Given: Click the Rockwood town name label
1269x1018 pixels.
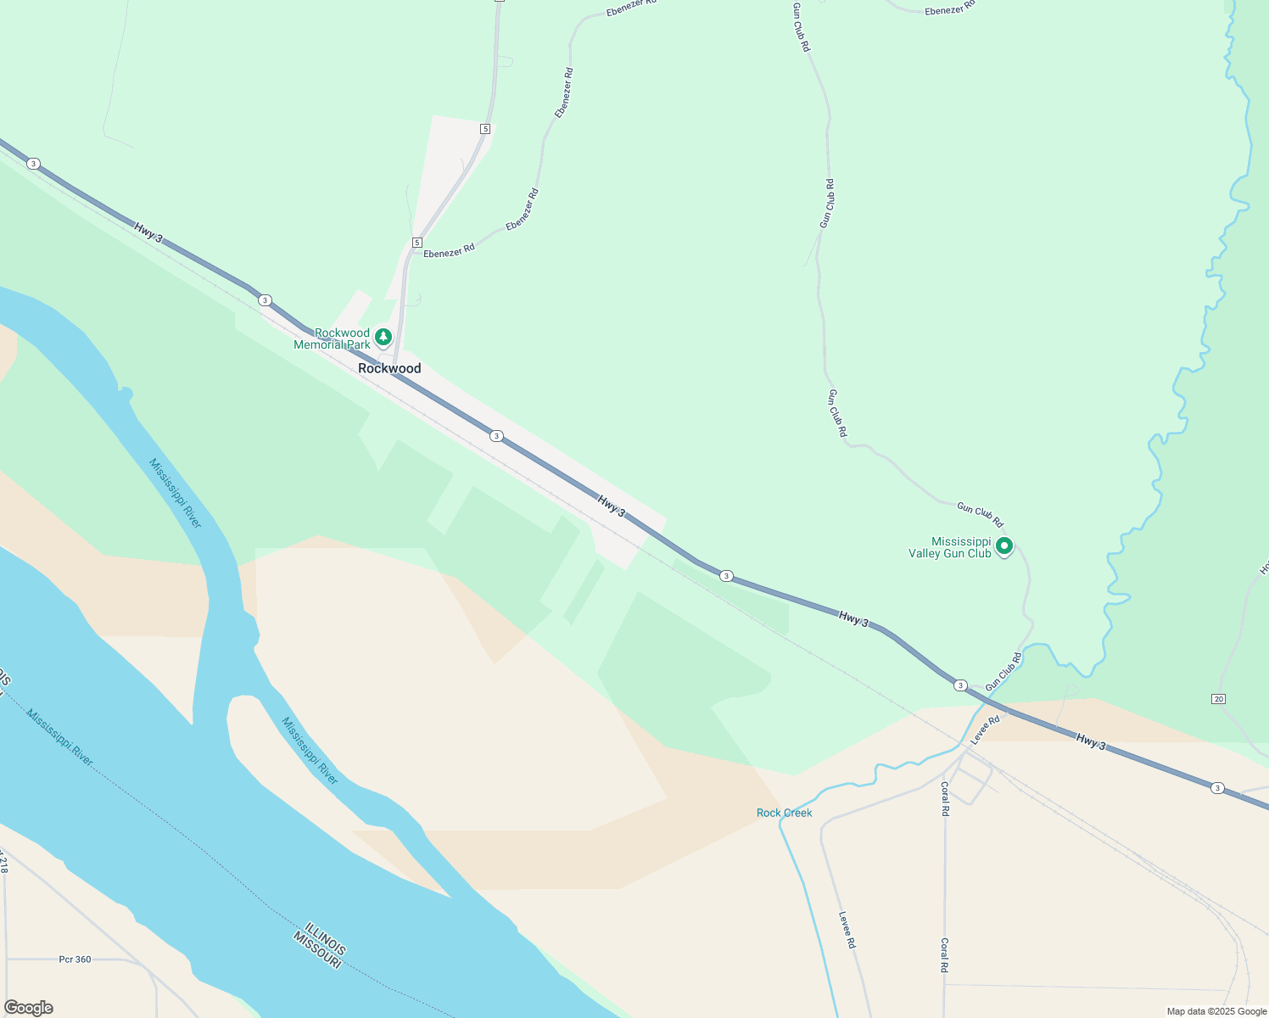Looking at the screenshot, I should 389,368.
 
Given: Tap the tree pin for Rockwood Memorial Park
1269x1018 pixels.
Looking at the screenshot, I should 383,338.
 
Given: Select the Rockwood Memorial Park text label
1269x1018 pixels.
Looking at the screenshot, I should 333,338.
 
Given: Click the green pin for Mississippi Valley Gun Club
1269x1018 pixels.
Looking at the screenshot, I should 1004,546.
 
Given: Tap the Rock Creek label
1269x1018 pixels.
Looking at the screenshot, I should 784,813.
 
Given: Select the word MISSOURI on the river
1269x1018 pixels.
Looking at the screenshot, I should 316,950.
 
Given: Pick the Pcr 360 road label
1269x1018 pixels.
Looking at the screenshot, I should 75,959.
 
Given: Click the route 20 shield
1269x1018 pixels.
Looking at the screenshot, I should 1219,698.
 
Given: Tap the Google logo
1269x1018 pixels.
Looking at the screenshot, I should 28,1007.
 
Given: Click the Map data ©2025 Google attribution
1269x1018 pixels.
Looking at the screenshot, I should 1216,1011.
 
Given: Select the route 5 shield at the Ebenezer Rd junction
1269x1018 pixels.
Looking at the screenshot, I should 416,243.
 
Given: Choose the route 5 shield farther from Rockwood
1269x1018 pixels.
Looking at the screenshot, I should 484,129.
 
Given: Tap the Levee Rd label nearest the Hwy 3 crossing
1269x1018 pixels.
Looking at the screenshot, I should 986,729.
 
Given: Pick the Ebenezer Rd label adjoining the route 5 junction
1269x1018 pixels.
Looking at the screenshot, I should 449,251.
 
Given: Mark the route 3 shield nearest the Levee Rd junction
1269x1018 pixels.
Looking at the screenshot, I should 960,685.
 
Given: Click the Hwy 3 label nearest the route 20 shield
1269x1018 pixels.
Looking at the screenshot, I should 1091,741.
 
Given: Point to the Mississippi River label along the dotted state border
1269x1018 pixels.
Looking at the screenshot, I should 59,737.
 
